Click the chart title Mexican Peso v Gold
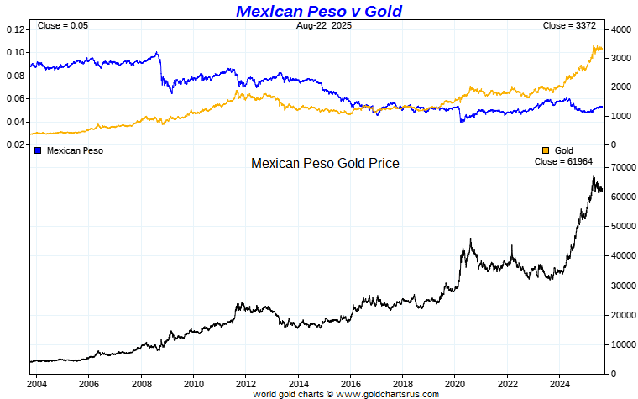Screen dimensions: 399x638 (x=319, y=11)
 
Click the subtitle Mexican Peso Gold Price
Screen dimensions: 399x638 (x=325, y=163)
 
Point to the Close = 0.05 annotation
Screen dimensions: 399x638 (x=63, y=26)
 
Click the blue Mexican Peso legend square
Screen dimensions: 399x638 (x=38, y=150)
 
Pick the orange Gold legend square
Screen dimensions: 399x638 (x=546, y=150)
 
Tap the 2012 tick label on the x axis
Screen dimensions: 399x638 (x=245, y=384)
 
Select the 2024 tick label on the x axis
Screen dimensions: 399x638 (x=559, y=384)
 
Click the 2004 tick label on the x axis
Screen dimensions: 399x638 (x=36, y=384)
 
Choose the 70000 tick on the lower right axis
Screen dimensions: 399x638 (x=623, y=168)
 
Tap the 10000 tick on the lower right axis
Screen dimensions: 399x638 (x=623, y=344)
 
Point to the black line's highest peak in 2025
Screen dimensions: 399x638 (x=594, y=176)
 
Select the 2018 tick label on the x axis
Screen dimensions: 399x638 (x=402, y=384)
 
